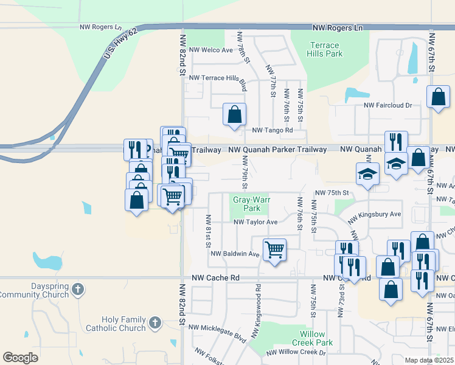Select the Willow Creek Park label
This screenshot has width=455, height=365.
click(316, 339)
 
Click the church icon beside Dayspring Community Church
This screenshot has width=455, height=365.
click(77, 290)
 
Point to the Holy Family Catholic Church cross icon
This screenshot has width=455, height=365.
click(155, 323)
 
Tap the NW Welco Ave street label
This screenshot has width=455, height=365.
click(211, 50)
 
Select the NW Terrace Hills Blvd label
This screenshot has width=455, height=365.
click(218, 78)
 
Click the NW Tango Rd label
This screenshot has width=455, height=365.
click(273, 130)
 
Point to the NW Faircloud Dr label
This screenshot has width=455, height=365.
click(388, 105)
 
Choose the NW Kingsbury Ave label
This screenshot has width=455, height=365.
click(373, 214)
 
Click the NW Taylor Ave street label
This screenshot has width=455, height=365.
click(255, 222)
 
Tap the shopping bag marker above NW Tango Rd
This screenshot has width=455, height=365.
click(234, 114)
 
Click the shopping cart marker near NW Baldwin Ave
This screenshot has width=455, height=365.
click(274, 249)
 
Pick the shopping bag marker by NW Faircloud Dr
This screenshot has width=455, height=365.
click(438, 96)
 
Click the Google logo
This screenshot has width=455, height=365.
click(20, 358)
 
